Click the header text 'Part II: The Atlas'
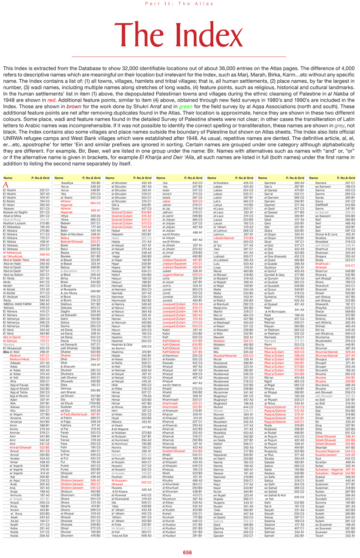click(180, 4)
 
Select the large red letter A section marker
click(6, 185)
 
